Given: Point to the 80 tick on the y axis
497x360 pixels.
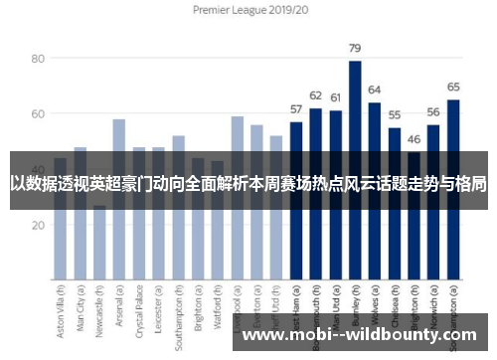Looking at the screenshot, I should point(39,59).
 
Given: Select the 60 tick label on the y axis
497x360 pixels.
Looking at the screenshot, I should point(39,114).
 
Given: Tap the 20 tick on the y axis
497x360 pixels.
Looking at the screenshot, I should point(39,225).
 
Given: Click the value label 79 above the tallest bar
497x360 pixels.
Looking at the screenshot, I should point(355,48).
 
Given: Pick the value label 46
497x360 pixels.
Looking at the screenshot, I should point(414,139).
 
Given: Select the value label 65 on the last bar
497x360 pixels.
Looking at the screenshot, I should point(453,87).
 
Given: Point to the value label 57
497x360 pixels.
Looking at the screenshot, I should point(296,108).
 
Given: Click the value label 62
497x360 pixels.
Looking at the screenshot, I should point(316,95).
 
